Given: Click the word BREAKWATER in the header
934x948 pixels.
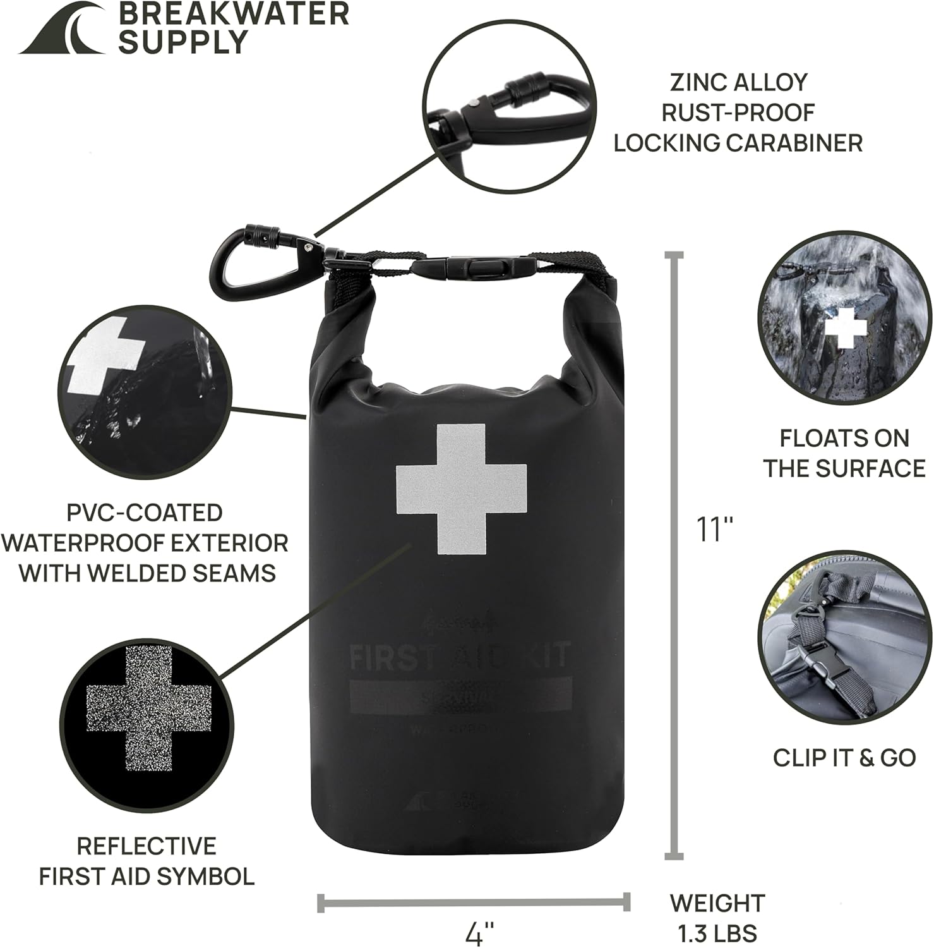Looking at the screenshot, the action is [x=233, y=14].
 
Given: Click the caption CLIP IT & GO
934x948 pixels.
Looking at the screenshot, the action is [x=844, y=757].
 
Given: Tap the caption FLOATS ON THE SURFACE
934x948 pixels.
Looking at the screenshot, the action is [x=844, y=453].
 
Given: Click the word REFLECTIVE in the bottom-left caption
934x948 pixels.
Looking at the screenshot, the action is [x=147, y=846].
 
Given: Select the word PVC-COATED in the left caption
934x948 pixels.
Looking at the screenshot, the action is [x=145, y=513].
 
